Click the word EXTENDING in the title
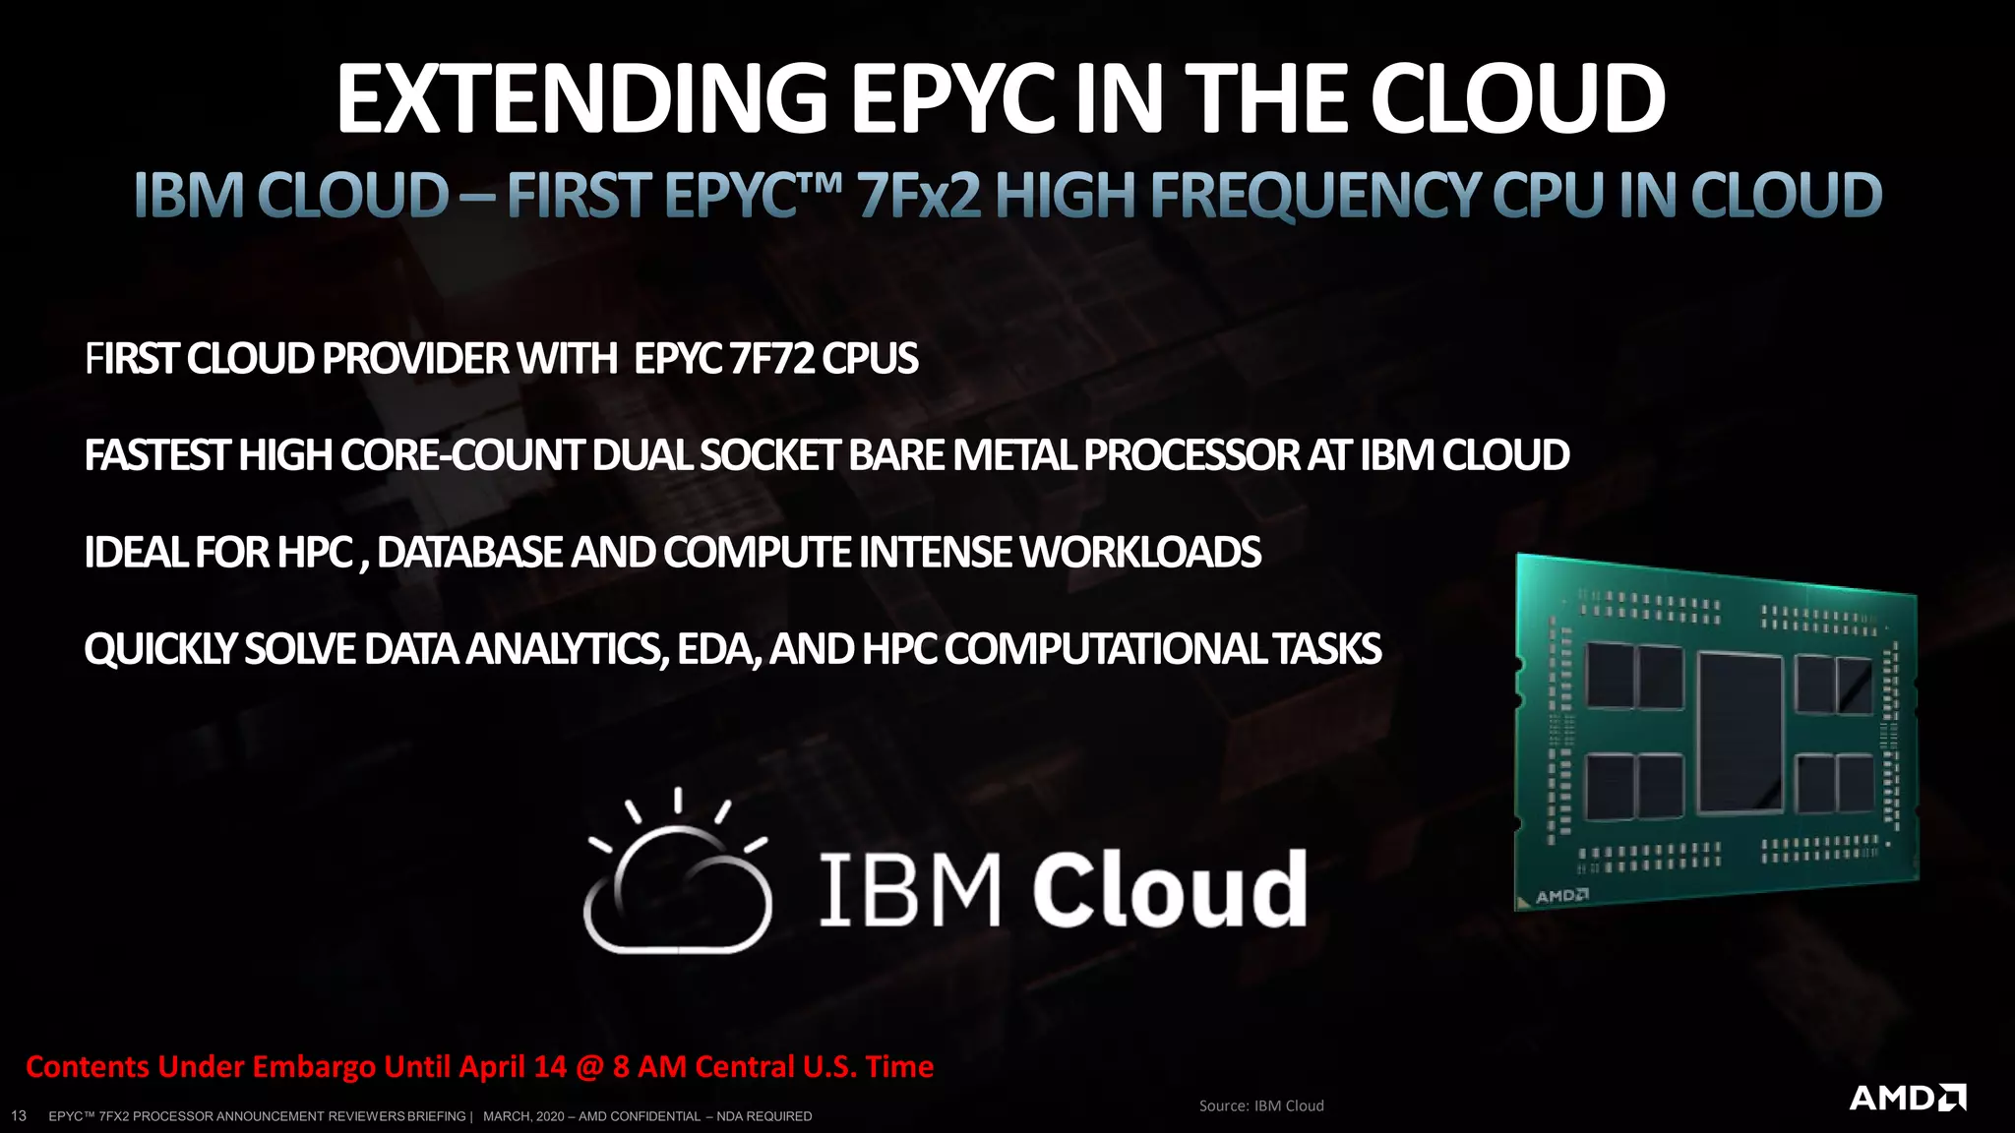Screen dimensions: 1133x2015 tap(581, 99)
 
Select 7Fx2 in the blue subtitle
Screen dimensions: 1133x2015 tap(919, 196)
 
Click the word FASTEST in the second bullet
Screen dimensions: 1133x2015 tap(156, 455)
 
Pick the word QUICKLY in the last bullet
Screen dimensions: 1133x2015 tap(159, 649)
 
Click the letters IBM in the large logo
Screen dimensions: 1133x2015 tap(909, 889)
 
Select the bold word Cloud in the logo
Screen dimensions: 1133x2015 tap(1170, 889)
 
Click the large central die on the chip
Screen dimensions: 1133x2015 tap(1740, 733)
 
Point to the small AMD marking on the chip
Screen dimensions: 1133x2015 tap(1562, 896)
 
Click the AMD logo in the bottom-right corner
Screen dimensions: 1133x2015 tap(1907, 1098)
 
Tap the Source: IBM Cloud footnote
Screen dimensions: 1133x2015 tap(1261, 1105)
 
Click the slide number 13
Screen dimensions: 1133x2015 tap(18, 1115)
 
